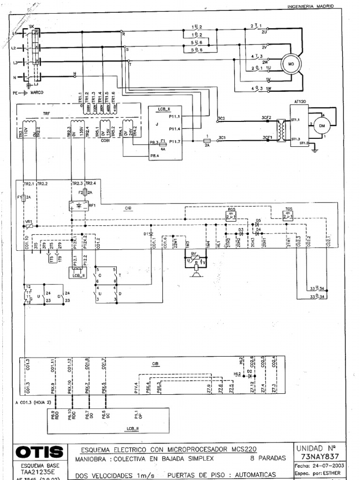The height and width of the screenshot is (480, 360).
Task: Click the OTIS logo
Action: pyautogui.click(x=40, y=452)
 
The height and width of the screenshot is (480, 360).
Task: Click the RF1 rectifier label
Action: pyautogui.click(x=92, y=205)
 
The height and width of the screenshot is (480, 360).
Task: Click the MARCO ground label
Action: pyautogui.click(x=37, y=93)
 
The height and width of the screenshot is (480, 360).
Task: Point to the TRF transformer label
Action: pyautogui.click(x=46, y=113)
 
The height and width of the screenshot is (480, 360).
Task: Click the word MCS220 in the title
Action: pyautogui.click(x=241, y=448)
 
